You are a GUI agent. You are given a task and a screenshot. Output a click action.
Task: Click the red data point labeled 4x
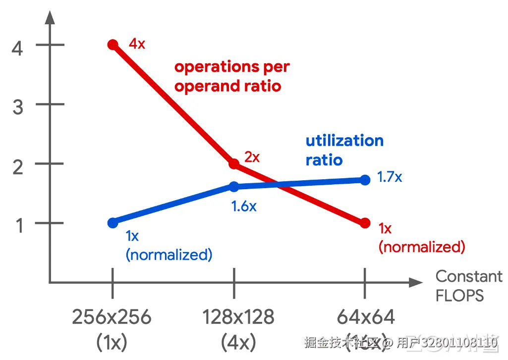113,45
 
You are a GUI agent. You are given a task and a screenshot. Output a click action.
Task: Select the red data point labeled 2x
234,164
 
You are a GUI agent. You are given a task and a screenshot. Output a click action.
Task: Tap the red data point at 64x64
365,223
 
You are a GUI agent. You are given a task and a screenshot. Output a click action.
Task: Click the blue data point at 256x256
113,223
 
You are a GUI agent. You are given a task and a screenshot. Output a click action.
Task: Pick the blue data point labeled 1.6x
234,187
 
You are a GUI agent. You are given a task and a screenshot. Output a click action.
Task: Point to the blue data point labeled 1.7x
365,180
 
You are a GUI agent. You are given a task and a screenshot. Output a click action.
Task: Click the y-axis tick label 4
17,49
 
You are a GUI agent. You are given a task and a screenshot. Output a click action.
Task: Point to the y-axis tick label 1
18,226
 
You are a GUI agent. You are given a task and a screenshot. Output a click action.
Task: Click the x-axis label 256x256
112,317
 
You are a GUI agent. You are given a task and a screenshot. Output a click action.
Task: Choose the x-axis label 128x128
238,317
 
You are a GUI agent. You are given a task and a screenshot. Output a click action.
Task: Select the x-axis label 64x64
366,317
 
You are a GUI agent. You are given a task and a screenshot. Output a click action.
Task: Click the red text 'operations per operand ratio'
231,76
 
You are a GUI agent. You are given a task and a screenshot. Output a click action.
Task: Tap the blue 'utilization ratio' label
344,150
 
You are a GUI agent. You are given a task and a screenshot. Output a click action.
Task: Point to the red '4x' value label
137,44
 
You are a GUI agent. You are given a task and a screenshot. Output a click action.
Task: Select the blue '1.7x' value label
390,177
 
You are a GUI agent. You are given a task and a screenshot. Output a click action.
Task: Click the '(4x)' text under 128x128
238,342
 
